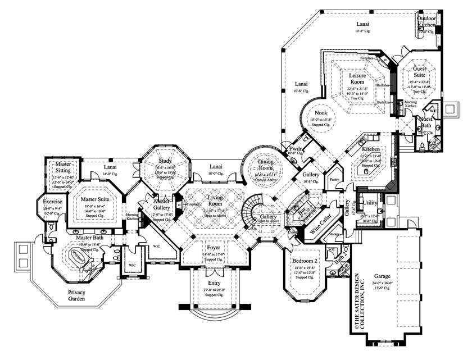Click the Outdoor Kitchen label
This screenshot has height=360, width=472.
[x=426, y=21]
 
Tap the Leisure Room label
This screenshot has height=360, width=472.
[x=357, y=78]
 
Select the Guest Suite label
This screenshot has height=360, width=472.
[x=420, y=71]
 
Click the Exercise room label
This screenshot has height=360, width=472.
[x=52, y=200]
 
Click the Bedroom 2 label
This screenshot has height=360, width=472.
[x=306, y=261]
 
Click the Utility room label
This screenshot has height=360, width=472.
[x=370, y=202]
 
